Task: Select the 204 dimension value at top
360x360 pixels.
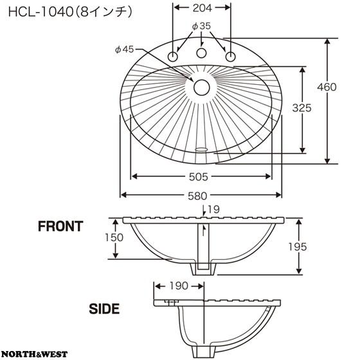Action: coord(202,8)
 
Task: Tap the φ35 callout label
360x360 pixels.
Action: coord(201,26)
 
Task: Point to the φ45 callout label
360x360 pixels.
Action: coord(125,49)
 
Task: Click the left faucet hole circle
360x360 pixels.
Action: coord(173,57)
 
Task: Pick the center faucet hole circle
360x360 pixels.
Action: coord(201,53)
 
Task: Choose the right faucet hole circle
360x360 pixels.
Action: coord(231,57)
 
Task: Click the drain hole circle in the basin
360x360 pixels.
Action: coord(202,87)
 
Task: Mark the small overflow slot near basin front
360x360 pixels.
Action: coord(201,150)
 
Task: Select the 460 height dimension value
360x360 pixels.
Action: coord(327,87)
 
